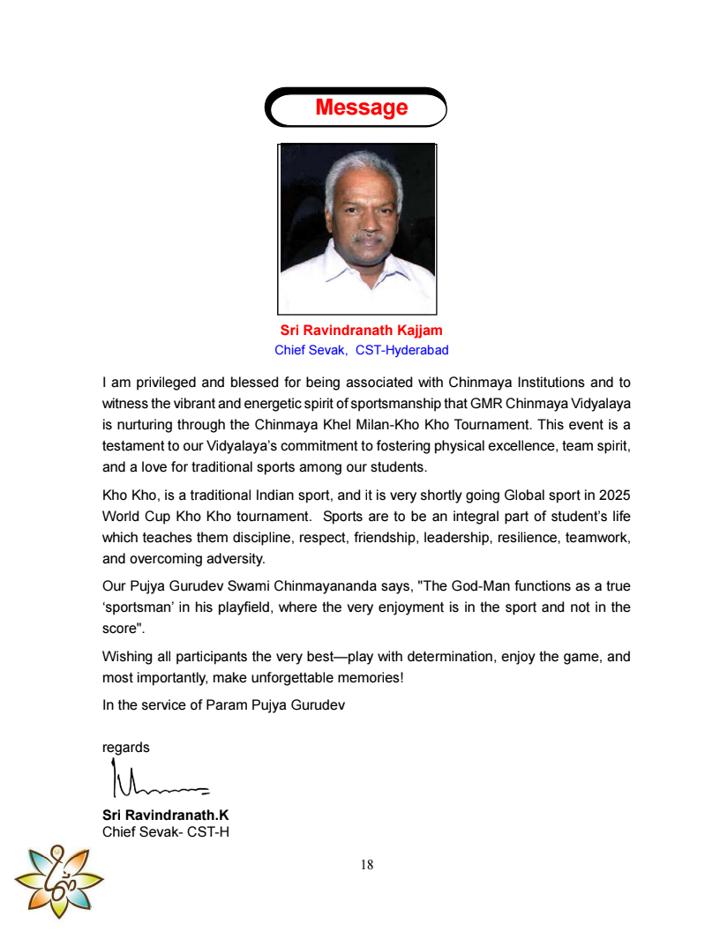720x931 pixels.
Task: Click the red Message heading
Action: pyautogui.click(x=361, y=108)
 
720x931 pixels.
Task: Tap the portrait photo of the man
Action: pyautogui.click(x=357, y=228)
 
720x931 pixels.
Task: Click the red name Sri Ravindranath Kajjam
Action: pyautogui.click(x=361, y=331)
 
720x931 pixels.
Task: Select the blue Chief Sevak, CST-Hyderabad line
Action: pyautogui.click(x=361, y=350)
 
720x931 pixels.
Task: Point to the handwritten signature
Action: pyautogui.click(x=159, y=778)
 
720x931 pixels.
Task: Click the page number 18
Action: pyautogui.click(x=366, y=865)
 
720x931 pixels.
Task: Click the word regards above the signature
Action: pyautogui.click(x=126, y=748)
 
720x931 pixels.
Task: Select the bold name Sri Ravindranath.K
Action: pyautogui.click(x=165, y=815)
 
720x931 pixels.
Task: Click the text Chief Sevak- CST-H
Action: pyautogui.click(x=166, y=830)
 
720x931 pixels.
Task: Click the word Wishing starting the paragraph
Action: pyautogui.click(x=127, y=657)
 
